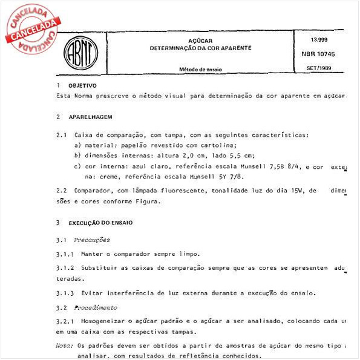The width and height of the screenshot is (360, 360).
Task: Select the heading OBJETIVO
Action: click(x=82, y=86)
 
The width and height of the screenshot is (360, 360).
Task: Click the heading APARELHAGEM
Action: click(x=90, y=116)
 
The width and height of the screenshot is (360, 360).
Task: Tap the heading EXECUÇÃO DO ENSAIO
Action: click(x=100, y=223)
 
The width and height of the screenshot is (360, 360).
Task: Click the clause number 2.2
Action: click(x=61, y=191)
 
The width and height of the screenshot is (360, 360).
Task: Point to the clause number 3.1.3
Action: click(x=65, y=293)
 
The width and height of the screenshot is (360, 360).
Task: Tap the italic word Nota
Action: click(x=63, y=346)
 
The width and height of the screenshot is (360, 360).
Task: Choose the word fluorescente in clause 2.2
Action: click(x=171, y=191)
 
